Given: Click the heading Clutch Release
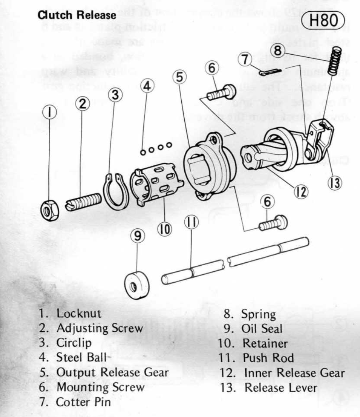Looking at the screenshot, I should coord(77,15).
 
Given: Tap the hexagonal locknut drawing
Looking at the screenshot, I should coord(49,210).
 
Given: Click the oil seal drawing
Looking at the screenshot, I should coord(136,284).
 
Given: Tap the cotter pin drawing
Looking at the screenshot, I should coord(269,71).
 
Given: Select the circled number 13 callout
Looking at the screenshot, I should coord(334,183).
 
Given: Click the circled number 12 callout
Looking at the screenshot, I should coord(301,192).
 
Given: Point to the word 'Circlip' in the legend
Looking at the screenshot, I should coord(74,343).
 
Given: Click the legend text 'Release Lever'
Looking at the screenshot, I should coord(281,387).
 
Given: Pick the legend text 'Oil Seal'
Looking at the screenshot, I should coord(262,328).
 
